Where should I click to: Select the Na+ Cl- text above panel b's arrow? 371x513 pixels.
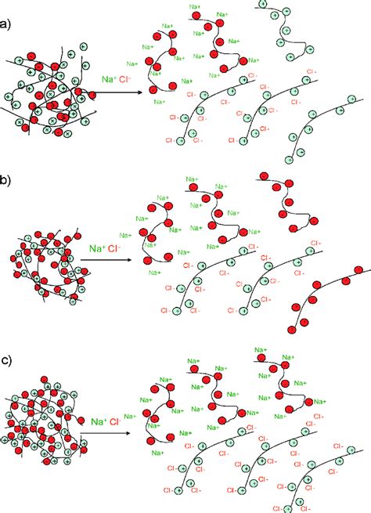pos(104,248)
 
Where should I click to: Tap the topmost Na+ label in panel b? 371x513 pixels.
pos(193,179)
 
